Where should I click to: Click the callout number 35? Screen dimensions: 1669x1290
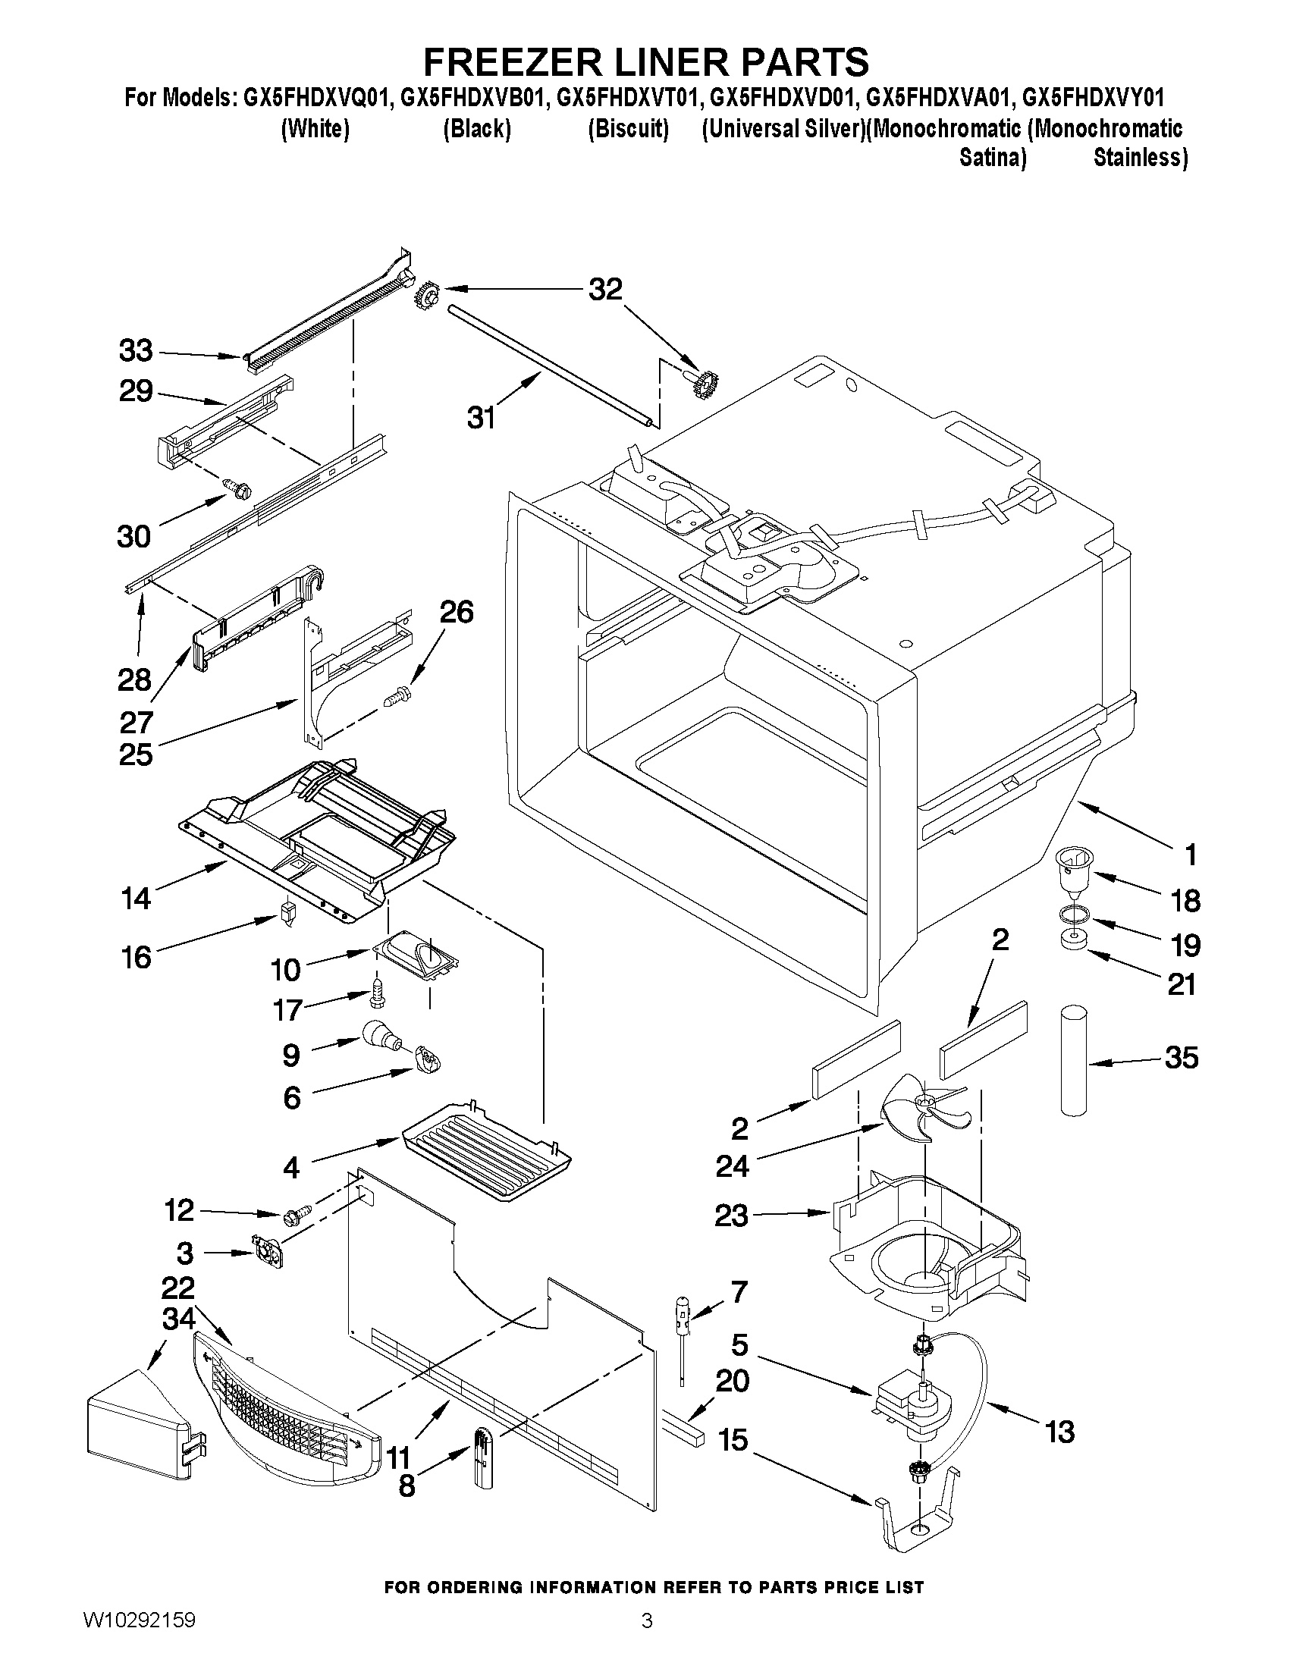(x=1181, y=1058)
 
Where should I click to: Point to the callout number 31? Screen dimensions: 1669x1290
(x=482, y=417)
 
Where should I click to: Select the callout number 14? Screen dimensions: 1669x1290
(x=136, y=898)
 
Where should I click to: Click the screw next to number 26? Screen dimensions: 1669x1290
(x=397, y=695)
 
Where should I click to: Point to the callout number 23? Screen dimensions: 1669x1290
(x=730, y=1215)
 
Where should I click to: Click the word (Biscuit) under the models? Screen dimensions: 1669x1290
(x=628, y=128)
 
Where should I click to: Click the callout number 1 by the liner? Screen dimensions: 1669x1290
(x=1190, y=855)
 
